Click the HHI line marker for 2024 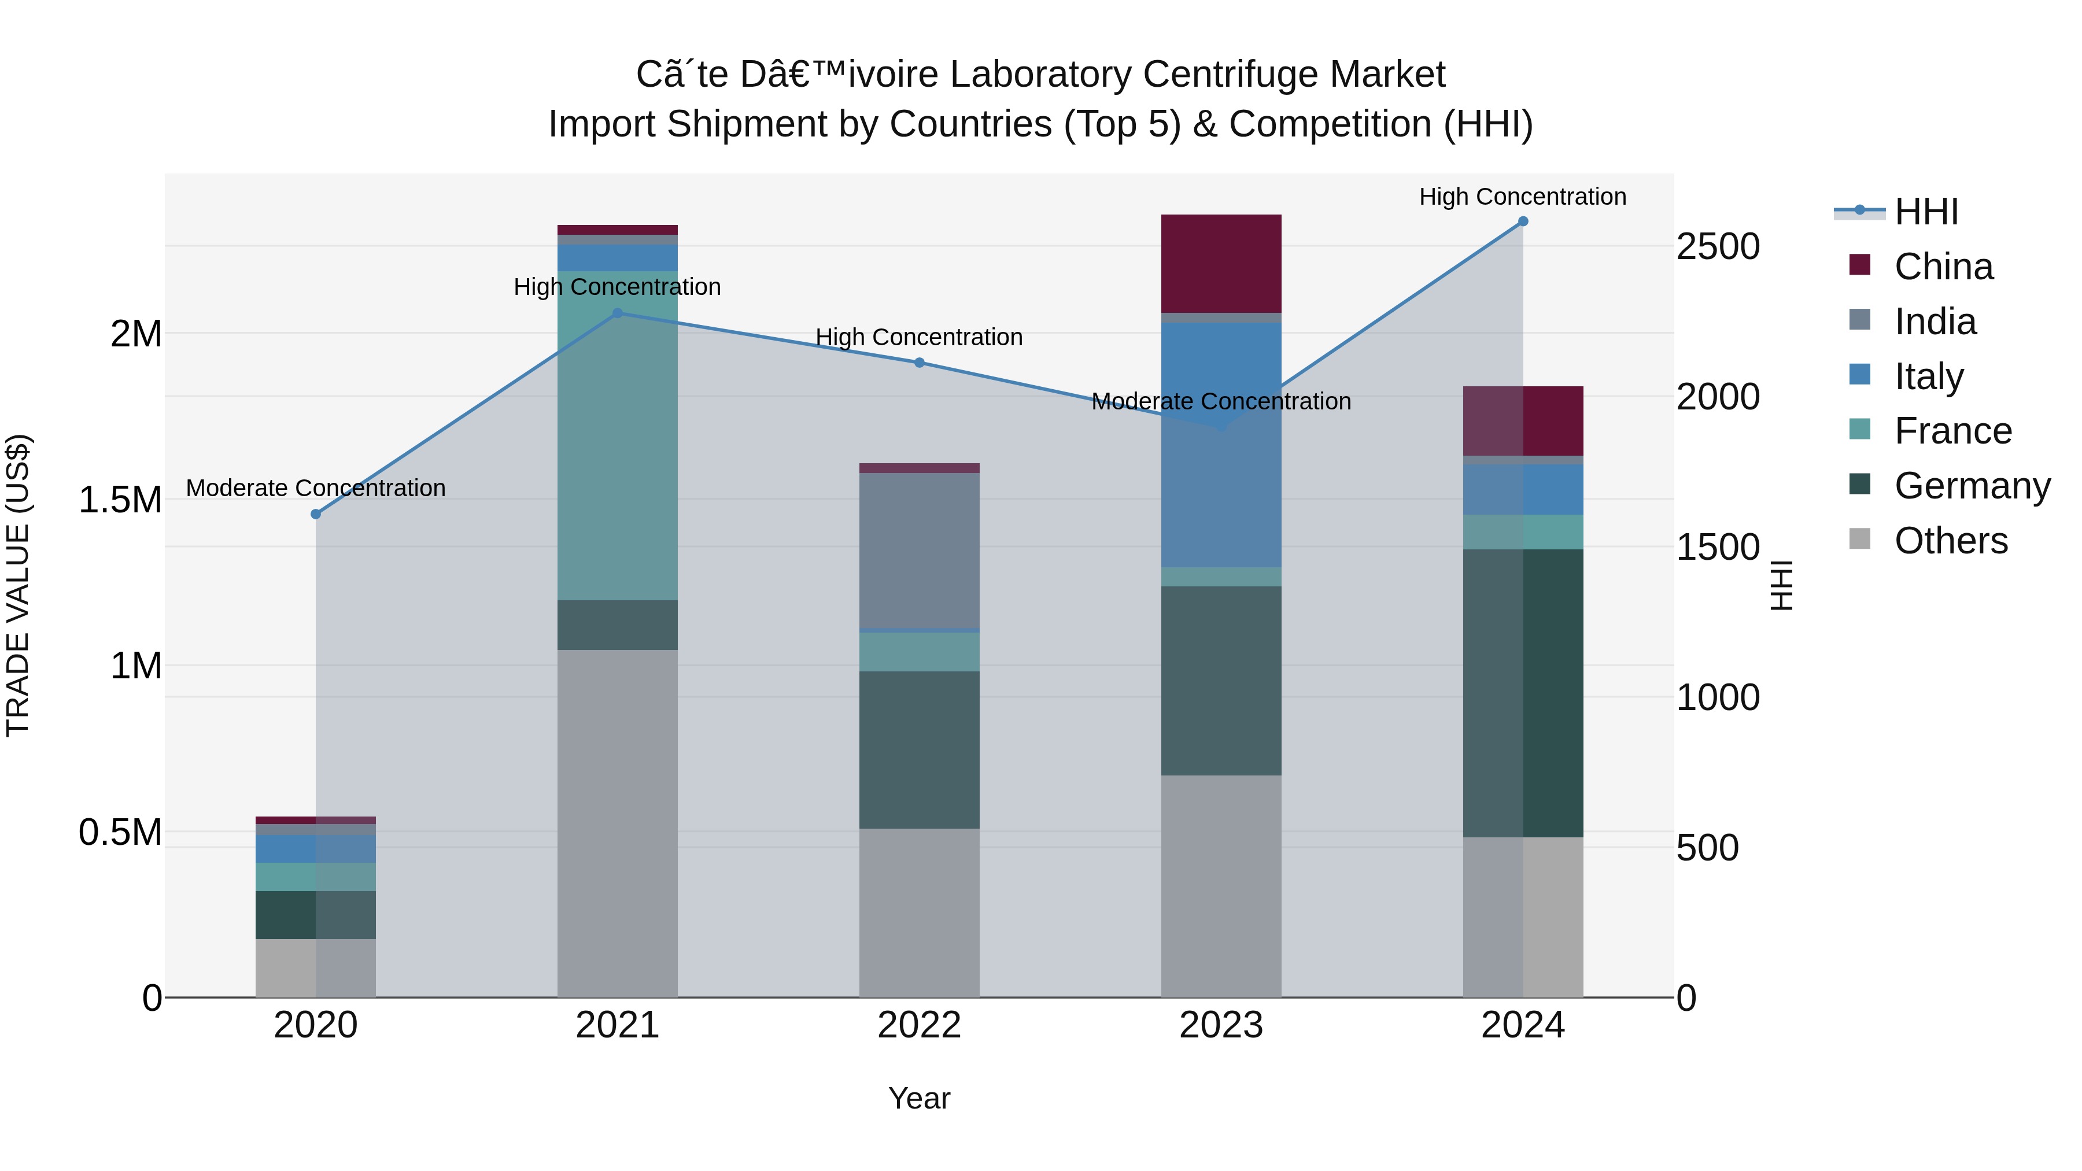coord(1523,221)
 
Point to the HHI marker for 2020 coord(316,514)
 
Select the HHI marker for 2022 coord(919,363)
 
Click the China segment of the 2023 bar coord(1220,264)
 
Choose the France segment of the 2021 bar coord(618,437)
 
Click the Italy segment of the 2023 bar coord(1220,445)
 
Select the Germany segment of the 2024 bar coord(1523,693)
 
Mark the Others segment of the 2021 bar coord(618,823)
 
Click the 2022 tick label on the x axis coord(919,1025)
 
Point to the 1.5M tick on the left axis coord(120,500)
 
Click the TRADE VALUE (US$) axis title coord(18,585)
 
